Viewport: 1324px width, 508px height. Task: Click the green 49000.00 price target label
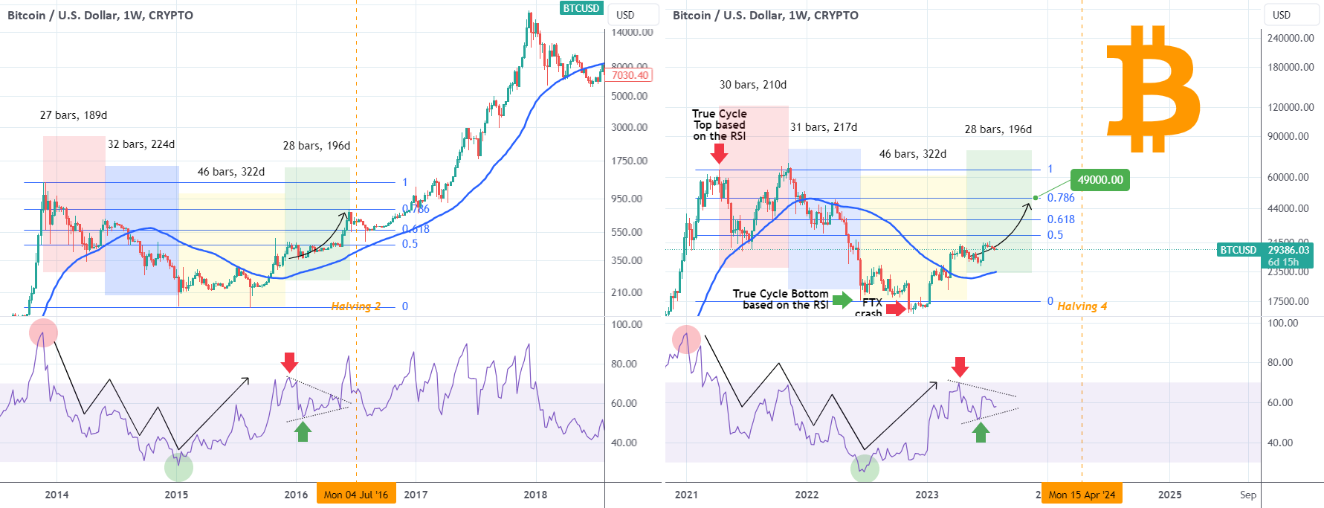pos(1099,180)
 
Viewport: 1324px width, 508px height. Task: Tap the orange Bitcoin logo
pos(1153,89)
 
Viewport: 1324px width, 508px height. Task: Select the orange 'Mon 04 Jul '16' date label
pos(356,495)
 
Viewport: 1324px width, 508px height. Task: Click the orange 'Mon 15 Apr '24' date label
pos(1082,495)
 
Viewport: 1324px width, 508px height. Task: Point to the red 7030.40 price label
pos(630,75)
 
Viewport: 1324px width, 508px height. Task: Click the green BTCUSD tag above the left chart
pos(581,8)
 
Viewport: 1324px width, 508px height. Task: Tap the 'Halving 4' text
pos(1082,306)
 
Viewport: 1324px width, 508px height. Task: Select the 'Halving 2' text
pos(355,306)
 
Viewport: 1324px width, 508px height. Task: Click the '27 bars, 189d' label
pos(74,115)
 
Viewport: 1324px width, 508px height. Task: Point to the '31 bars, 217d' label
pos(823,127)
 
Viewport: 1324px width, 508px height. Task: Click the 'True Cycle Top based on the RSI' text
pos(719,124)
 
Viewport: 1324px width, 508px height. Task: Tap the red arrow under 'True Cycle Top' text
pos(719,153)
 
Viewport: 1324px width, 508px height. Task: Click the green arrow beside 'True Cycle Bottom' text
pos(842,300)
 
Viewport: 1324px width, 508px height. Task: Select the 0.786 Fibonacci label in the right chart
pos(1061,198)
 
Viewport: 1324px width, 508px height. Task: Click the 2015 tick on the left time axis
pos(176,495)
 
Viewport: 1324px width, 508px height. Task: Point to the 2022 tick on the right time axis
pos(807,495)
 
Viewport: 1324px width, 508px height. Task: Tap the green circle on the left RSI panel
pos(178,467)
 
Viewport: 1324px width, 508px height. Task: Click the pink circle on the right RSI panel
pos(686,339)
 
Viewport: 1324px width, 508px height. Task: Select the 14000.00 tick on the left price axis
pos(632,33)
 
